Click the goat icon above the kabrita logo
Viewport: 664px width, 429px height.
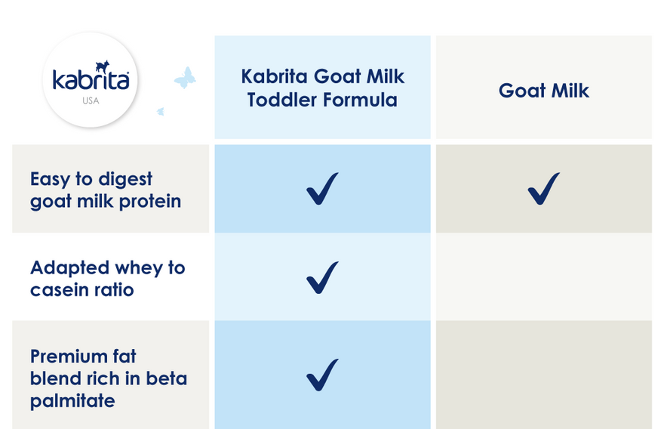[x=103, y=66]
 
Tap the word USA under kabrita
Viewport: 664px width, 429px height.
[x=91, y=101]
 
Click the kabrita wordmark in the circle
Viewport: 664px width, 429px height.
[x=91, y=80]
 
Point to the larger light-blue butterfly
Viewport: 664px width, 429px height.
[x=185, y=78]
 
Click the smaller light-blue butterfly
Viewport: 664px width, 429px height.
[x=161, y=112]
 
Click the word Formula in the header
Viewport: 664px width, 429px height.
[x=360, y=100]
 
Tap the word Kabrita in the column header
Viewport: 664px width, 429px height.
[x=274, y=76]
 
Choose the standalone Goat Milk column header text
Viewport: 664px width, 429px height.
[x=544, y=91]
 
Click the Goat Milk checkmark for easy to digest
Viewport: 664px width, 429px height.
[x=544, y=188]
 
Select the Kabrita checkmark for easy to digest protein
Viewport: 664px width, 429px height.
[x=322, y=188]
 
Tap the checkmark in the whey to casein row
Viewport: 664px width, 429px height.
[x=322, y=277]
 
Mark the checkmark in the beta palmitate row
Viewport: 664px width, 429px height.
[x=322, y=375]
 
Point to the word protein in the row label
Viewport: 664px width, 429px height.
[x=150, y=202]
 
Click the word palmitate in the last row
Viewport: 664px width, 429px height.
[x=72, y=401]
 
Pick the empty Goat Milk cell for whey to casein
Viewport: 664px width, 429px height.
[x=544, y=276]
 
